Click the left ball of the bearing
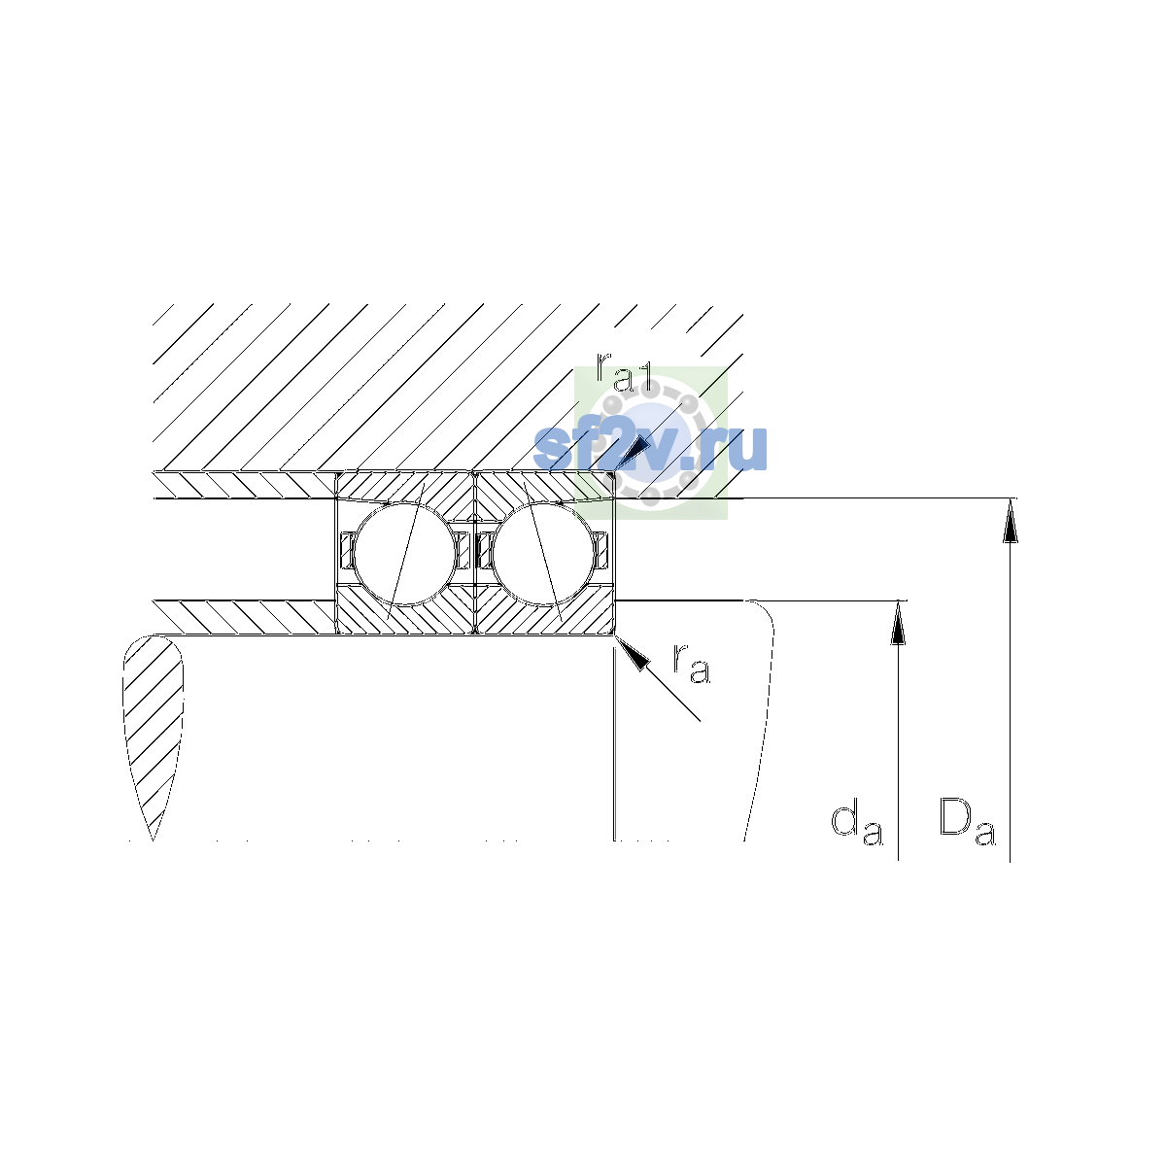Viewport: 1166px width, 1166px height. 404,554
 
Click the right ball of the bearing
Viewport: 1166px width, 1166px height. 544,554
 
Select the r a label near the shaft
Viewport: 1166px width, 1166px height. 692,665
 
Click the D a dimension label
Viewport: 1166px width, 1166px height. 967,820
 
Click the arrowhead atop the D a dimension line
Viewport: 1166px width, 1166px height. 1010,521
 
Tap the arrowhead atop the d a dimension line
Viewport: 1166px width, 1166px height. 898,622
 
